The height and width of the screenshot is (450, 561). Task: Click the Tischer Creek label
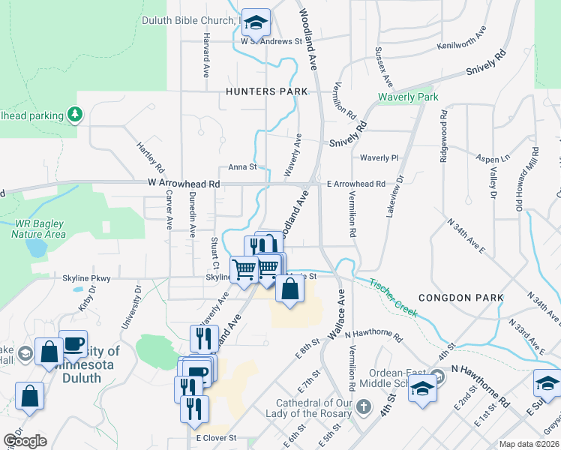pyautogui.click(x=392, y=297)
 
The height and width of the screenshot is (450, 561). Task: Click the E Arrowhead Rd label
pyautogui.click(x=355, y=184)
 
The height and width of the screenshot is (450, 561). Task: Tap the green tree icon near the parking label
pyautogui.click(x=74, y=114)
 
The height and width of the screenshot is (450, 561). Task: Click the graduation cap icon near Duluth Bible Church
pyautogui.click(x=256, y=24)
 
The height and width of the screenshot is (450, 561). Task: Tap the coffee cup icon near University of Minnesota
pyautogui.click(x=73, y=343)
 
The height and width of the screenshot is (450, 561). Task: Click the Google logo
pyautogui.click(x=24, y=440)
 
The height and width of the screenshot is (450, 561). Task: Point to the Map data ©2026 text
pyautogui.click(x=529, y=444)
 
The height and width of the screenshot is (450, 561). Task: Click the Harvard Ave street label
pyautogui.click(x=205, y=56)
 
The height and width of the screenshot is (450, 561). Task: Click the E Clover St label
pyautogui.click(x=216, y=437)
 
